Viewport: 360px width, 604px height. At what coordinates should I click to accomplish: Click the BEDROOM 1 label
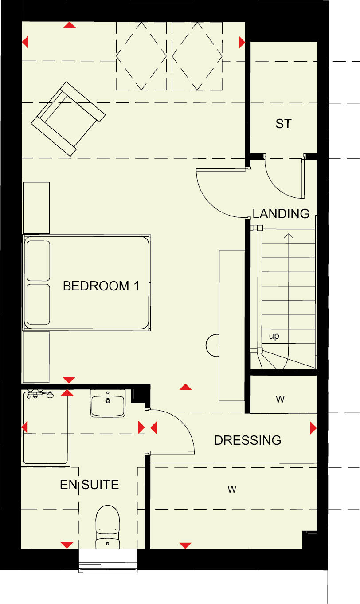(101, 286)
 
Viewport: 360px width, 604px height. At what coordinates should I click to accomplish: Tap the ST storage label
(284, 124)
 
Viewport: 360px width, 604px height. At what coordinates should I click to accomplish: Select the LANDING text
(281, 214)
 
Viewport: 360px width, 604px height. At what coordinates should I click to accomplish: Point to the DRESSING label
(247, 440)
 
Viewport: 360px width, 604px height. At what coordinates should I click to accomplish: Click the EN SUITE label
(89, 485)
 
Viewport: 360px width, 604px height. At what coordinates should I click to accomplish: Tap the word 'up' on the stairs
(274, 336)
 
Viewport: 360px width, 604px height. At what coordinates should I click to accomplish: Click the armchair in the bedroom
(68, 118)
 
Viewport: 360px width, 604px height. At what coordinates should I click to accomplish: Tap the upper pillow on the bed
(38, 260)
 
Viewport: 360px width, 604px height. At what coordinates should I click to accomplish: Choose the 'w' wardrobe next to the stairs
(280, 400)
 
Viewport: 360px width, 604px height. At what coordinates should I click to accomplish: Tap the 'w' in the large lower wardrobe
(231, 490)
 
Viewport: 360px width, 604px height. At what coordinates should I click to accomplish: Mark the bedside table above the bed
(36, 207)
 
